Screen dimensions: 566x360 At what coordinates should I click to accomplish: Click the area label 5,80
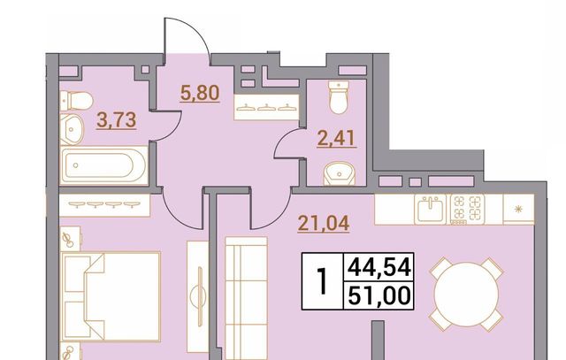pos(200,93)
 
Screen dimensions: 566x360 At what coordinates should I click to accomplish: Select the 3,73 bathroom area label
pos(116,120)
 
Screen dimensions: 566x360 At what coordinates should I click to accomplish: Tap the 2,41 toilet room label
pos(336,139)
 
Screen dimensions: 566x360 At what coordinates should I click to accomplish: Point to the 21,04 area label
pos(324,223)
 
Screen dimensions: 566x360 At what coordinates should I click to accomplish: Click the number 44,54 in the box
pos(379,268)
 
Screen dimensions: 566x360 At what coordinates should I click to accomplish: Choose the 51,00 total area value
pos(379,295)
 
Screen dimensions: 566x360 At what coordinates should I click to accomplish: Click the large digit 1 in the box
pos(322,281)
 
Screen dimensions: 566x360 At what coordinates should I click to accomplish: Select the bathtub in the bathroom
pos(104,165)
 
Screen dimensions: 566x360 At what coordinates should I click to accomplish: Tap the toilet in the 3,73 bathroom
pos(77,100)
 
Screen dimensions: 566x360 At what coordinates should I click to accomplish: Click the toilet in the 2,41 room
pos(339,96)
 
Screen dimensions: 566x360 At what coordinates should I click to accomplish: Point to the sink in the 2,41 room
pos(339,173)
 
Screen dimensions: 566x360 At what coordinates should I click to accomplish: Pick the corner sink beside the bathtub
pos(72,129)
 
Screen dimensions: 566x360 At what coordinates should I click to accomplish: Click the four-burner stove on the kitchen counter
pos(468,209)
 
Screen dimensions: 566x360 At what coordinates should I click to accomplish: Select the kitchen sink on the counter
pos(431,209)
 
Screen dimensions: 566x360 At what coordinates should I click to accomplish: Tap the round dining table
pos(466,294)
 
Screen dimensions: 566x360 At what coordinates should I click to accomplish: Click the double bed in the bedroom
pos(111,296)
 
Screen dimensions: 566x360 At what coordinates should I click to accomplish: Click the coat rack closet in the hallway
pos(267,107)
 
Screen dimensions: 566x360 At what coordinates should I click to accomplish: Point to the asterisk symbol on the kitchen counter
pos(519,209)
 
